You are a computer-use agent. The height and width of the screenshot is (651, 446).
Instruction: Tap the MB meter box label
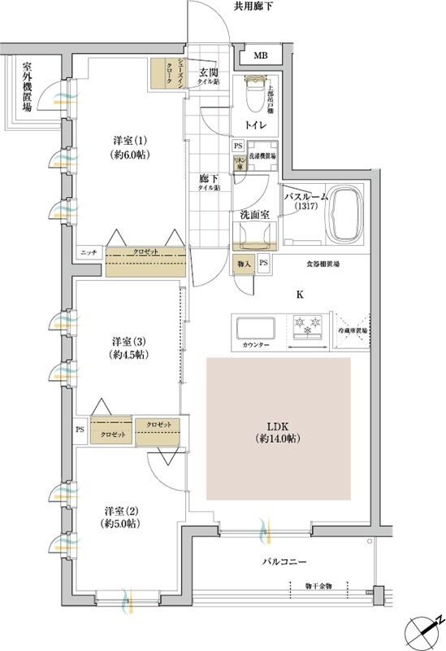pos(259,56)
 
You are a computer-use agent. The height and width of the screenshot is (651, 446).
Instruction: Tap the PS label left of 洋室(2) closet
pos(80,429)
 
